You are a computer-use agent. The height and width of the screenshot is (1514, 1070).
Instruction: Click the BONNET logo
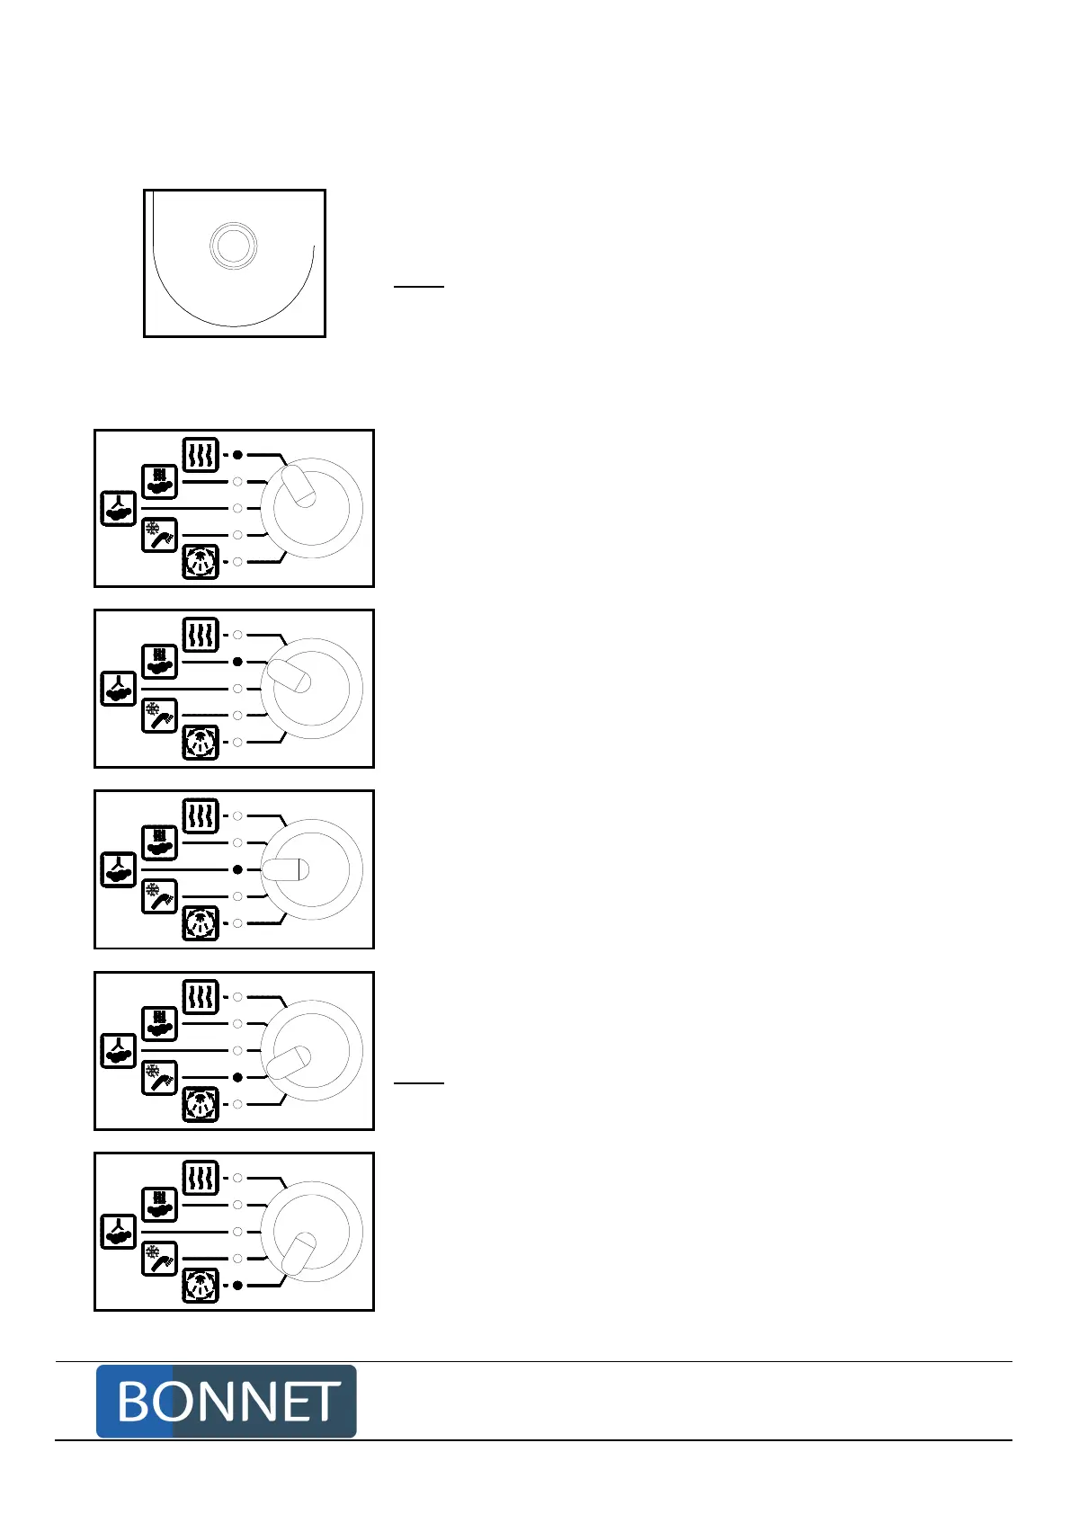point(226,1401)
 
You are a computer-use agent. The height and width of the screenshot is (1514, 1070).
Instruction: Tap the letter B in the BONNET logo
point(134,1402)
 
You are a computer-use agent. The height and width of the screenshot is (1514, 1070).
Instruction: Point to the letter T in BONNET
point(320,1402)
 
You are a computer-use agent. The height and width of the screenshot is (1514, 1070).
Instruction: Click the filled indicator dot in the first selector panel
point(237,455)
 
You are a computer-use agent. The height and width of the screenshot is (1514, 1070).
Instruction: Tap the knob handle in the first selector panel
point(299,485)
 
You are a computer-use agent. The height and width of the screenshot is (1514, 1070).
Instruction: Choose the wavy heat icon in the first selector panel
point(201,455)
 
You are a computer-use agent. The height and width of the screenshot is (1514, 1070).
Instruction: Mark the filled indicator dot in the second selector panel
point(237,662)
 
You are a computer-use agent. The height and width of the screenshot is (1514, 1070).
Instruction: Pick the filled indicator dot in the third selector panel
point(237,869)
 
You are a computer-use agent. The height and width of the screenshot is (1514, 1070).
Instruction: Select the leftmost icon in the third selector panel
point(118,869)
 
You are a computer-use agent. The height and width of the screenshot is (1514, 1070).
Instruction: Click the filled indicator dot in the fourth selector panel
point(237,1077)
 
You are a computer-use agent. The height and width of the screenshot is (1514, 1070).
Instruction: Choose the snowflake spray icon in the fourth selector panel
point(159,1077)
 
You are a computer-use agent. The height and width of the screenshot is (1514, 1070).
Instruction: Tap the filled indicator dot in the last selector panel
point(237,1286)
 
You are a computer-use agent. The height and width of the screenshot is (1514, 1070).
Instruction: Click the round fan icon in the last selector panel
point(201,1286)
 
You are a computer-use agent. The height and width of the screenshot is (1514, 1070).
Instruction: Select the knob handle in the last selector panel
point(299,1253)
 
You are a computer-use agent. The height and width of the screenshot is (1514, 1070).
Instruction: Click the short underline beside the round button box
point(419,287)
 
